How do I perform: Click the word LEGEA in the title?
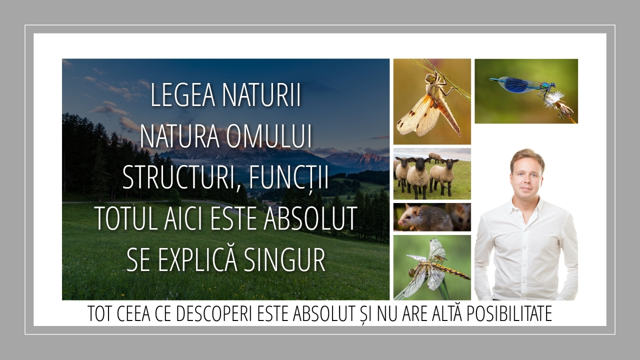(182, 95)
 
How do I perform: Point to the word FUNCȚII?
(288, 178)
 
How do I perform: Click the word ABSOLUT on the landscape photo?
(310, 218)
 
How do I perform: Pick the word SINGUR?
(285, 259)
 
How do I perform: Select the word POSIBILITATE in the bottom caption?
(509, 314)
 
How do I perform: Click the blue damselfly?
(522, 85)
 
